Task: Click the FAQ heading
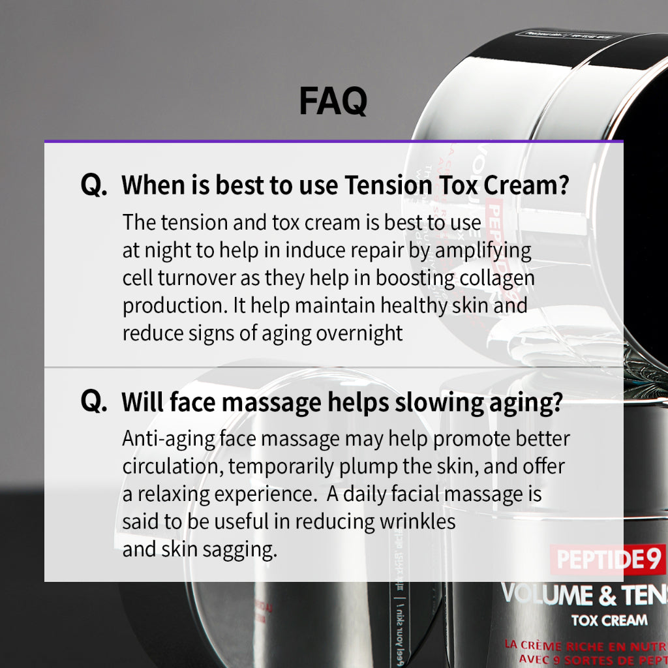[333, 101]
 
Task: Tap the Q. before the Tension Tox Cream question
[94, 186]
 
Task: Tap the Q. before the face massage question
[94, 402]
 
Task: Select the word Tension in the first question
[387, 186]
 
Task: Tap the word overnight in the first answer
[359, 333]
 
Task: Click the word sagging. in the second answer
[239, 549]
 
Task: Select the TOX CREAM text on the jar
[609, 620]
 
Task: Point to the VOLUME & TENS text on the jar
[584, 595]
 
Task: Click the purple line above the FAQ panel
[333, 141]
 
